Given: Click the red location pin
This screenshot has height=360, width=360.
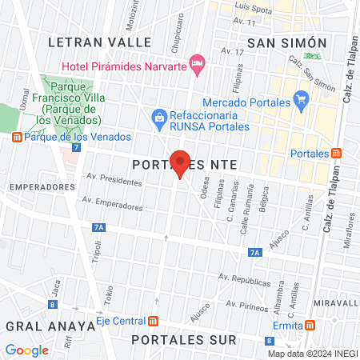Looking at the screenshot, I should coord(180,163).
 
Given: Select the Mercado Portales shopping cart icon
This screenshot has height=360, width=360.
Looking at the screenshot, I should coord(301,100).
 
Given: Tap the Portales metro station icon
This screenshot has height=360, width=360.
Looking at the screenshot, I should coord(338,153).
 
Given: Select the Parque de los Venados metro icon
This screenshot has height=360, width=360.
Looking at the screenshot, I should coord(17,137).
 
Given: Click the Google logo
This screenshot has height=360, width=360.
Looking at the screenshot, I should coord(26,350).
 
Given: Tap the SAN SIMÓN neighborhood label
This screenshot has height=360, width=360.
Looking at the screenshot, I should coord(287,42).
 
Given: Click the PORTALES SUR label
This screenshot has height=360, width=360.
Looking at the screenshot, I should coord(185,340).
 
